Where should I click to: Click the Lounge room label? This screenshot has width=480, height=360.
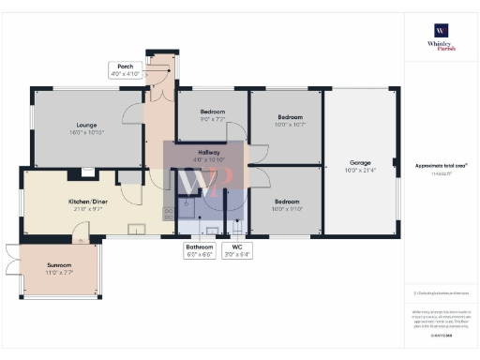click(87, 128)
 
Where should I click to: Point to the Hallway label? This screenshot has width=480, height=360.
click(202, 156)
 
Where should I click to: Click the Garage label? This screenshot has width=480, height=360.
click(360, 165)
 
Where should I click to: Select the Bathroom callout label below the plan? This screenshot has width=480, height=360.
click(199, 250)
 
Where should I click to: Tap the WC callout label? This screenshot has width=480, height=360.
click(238, 250)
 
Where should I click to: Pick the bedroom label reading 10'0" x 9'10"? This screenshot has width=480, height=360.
click(287, 204)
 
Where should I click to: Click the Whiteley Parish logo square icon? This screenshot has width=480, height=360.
click(439, 29)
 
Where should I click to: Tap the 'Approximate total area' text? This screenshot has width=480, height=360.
click(441, 166)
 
